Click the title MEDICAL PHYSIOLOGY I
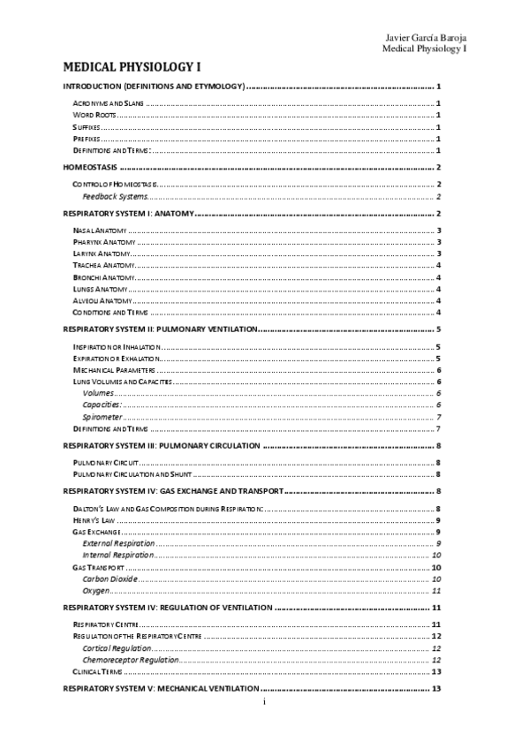[132, 67]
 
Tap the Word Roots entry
[94, 116]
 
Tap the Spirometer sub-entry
[102, 416]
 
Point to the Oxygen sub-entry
[96, 590]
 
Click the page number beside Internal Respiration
[436, 555]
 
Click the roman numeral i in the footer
[263, 701]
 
